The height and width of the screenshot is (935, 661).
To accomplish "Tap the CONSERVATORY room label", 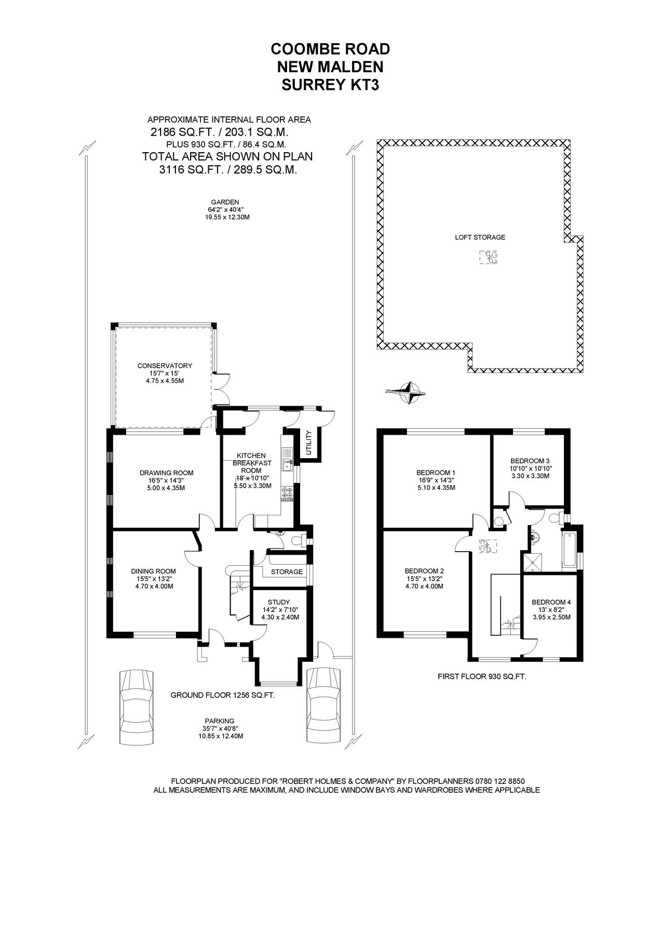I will coord(165,366).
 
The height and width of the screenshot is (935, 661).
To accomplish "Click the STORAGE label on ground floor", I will coord(287,571).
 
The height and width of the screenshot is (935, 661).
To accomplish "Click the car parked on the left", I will coord(137,706).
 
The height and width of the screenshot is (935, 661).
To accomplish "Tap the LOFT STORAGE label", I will coord(480,237).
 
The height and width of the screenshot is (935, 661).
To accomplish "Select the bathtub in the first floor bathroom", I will coord(569,550).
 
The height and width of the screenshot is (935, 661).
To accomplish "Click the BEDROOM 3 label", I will coord(530,460).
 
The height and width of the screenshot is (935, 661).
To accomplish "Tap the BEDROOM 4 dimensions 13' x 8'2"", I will coord(551,610).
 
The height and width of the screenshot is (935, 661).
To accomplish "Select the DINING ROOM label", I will coord(153,571).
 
